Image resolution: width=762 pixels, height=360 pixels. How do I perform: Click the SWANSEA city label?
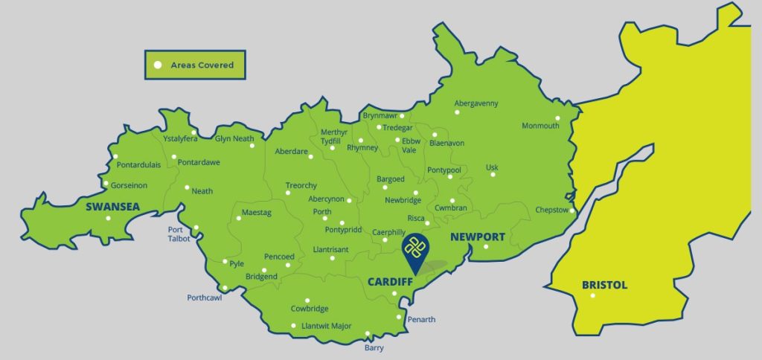112,206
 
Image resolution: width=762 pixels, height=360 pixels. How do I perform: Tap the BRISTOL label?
604,285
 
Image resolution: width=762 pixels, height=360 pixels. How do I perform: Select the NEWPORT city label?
477,237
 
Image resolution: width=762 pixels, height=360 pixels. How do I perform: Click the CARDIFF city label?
391,282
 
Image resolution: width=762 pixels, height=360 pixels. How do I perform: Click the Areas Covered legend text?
202,65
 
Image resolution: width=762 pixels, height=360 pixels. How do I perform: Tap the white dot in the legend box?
157,65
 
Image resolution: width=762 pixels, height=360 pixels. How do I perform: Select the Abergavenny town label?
476,103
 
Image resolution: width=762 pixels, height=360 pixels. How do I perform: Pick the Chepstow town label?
551,210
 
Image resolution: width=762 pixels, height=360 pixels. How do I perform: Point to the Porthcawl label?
205,298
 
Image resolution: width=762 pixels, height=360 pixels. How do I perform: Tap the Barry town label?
374,347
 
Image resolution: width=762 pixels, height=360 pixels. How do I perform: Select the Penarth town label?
421,320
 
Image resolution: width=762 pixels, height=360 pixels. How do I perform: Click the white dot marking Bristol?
593,296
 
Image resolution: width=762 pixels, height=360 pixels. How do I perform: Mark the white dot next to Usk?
492,175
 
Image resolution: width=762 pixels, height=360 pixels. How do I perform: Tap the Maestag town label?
257,213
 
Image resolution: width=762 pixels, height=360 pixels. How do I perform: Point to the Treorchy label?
301,185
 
